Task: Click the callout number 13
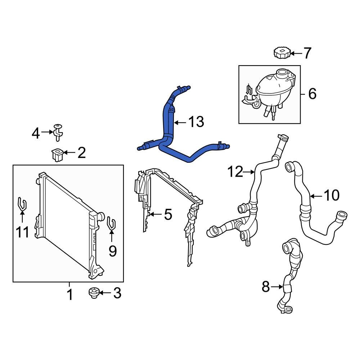(x=196, y=122)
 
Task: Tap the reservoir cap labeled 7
(x=281, y=53)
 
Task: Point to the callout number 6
(x=312, y=94)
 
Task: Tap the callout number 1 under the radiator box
(x=70, y=295)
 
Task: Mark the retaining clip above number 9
(x=111, y=224)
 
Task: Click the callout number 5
(x=168, y=215)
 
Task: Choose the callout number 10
(x=331, y=195)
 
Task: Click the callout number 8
(x=266, y=287)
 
